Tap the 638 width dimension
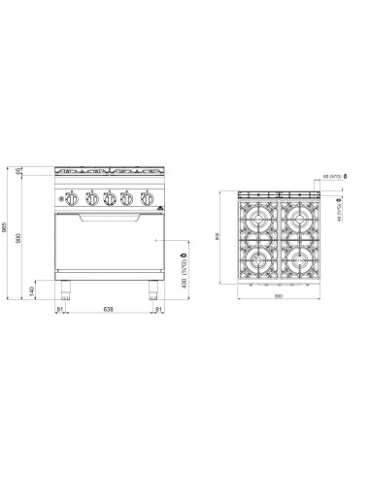(x=109, y=312)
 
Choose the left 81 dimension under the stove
(x=59, y=312)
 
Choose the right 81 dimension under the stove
(x=159, y=312)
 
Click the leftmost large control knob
(x=76, y=201)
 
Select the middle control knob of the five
(x=110, y=201)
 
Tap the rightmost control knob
(x=144, y=201)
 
